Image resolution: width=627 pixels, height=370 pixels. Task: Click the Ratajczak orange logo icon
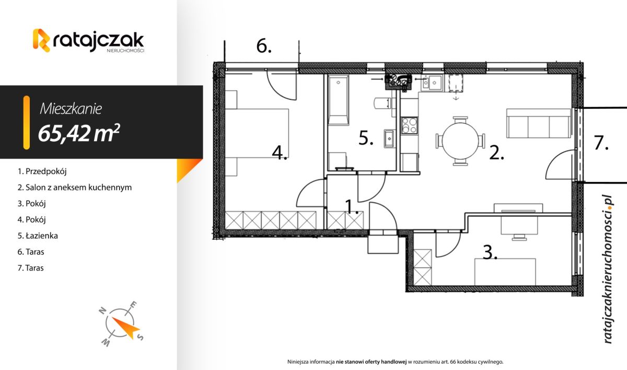(x=41, y=41)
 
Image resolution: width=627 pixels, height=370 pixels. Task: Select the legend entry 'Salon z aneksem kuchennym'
(x=74, y=187)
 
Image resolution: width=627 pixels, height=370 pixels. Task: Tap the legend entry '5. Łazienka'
(x=38, y=236)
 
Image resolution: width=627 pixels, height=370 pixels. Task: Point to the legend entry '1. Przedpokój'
(x=43, y=171)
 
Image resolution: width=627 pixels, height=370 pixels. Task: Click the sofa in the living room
(x=538, y=124)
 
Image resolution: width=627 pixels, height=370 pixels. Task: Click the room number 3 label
(x=489, y=253)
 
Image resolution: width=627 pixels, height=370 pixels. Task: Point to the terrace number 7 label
(x=601, y=143)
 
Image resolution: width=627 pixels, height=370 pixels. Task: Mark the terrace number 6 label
(x=264, y=47)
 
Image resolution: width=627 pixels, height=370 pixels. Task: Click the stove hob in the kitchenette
(x=409, y=125)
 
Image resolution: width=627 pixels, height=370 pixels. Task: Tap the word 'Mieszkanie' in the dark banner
(x=71, y=109)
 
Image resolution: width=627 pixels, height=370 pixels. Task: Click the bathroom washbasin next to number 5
(x=389, y=139)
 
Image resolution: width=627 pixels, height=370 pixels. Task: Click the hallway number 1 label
(x=352, y=207)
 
